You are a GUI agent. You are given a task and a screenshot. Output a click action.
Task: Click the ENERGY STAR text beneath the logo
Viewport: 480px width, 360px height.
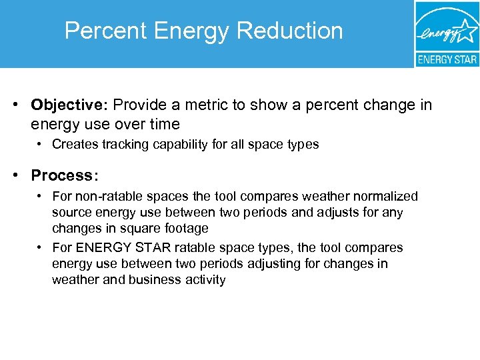(x=447, y=59)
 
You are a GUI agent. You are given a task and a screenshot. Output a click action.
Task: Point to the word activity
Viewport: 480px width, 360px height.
(x=203, y=279)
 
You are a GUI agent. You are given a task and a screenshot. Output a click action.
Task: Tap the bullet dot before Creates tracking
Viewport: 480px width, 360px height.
(x=41, y=144)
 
